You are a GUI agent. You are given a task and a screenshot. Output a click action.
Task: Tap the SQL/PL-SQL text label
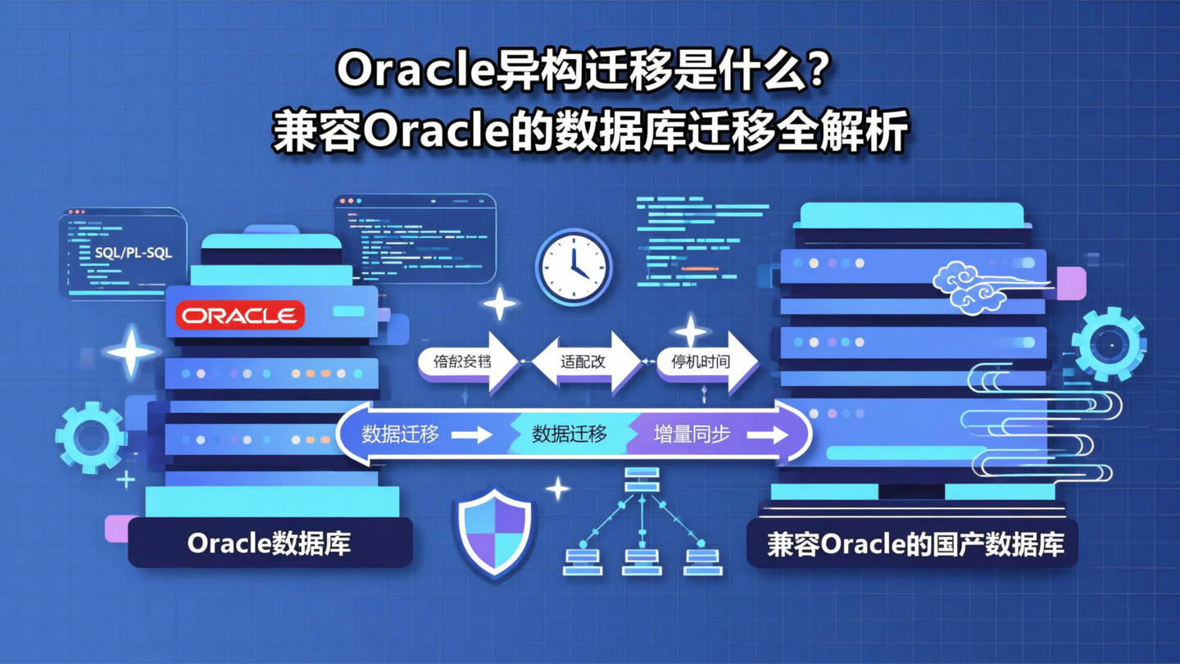[134, 253]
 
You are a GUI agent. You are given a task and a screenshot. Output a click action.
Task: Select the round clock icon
[574, 268]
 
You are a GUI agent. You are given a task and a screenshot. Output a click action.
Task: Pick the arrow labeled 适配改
[585, 362]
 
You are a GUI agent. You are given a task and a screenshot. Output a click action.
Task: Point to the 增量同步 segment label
[691, 434]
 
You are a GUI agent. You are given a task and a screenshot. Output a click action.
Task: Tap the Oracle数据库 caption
[269, 543]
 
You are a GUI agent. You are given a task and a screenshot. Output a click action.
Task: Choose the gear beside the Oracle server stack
[90, 437]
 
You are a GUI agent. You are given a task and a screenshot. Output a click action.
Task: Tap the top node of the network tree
[642, 480]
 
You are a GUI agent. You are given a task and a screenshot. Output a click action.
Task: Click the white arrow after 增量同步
[766, 435]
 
